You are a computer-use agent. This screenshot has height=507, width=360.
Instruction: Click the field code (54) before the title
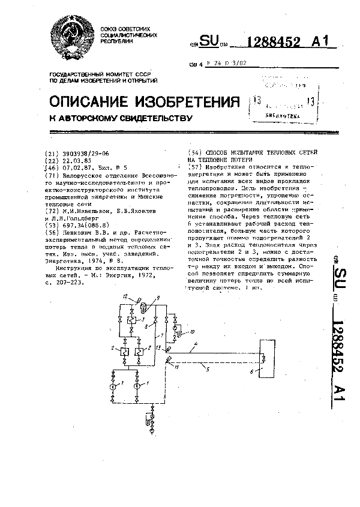(195, 154)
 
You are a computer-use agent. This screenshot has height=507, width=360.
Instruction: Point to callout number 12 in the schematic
(125, 297)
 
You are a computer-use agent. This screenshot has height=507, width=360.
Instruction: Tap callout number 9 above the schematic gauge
(158, 297)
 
